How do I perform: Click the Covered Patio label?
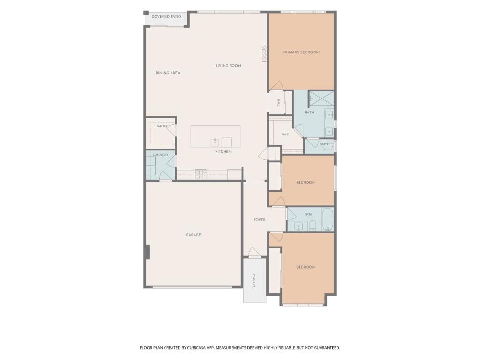point(166,16)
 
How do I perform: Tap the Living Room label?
point(228,66)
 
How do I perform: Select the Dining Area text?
point(168,73)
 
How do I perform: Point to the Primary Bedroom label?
point(301,52)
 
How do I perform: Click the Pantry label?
point(162,126)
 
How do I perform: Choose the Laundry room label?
point(161,155)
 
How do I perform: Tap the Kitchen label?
point(223,152)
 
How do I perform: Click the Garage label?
point(194,235)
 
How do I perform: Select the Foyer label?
point(260,220)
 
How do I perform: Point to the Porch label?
point(254,280)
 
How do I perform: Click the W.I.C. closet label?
point(285,135)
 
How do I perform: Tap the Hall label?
point(279,103)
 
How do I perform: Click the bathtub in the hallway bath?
point(328,219)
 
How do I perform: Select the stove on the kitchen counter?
point(201,174)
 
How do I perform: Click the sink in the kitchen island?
point(215,142)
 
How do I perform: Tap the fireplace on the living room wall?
point(264,53)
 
